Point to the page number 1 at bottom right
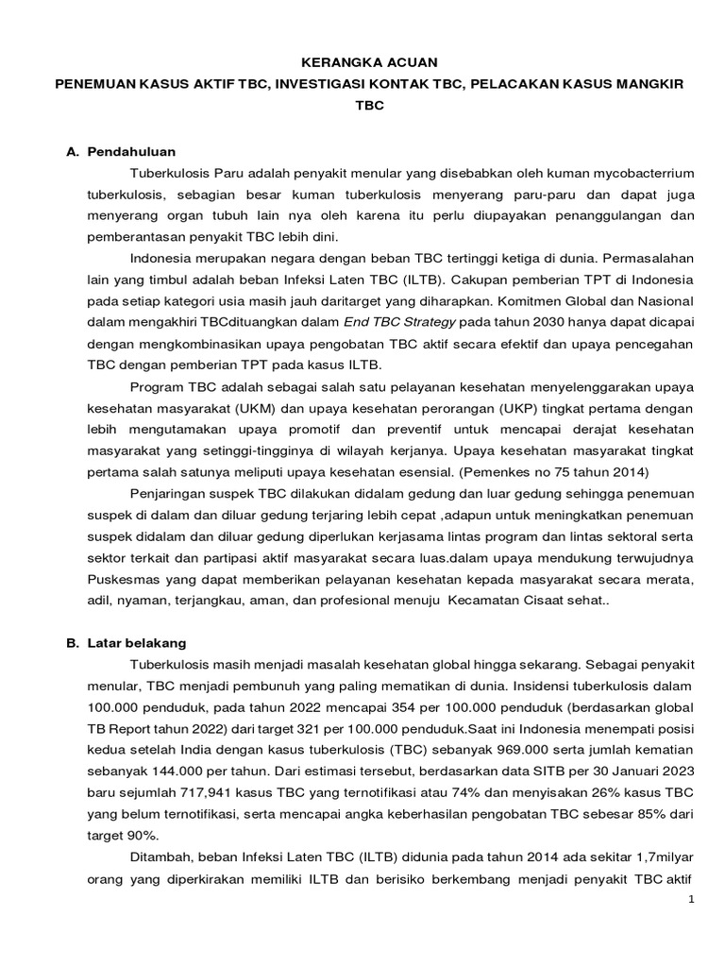tap(691, 900)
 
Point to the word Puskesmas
tap(120, 577)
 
